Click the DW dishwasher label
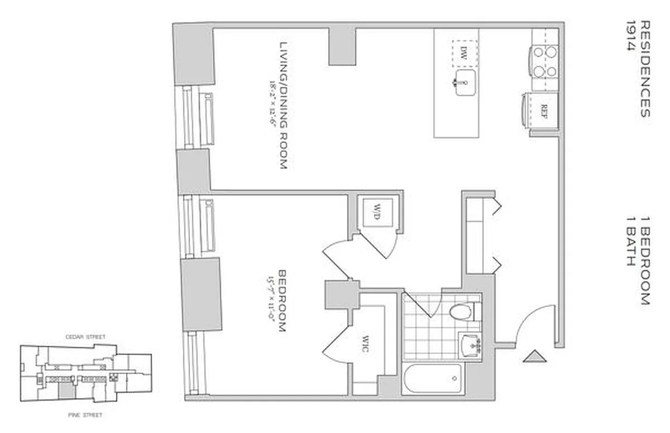coord(464,53)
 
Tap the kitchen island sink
coord(465,83)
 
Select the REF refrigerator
coord(542,110)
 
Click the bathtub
coord(433,378)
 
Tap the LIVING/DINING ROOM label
coord(283,106)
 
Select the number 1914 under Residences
coord(630,36)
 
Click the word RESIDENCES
coord(645,69)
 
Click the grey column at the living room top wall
coord(342,46)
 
